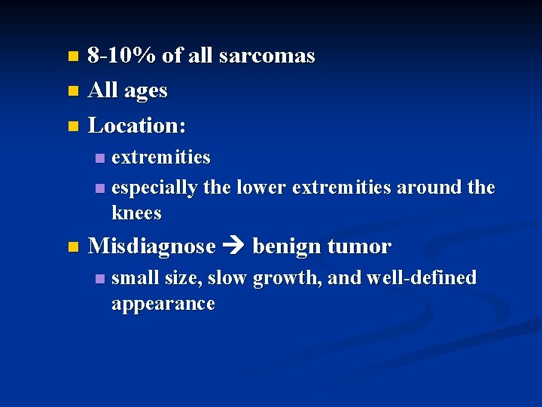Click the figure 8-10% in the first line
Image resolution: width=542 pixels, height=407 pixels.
(123, 56)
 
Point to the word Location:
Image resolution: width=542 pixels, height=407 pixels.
(137, 125)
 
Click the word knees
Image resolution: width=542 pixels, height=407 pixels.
(136, 213)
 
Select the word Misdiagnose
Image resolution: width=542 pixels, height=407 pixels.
(151, 246)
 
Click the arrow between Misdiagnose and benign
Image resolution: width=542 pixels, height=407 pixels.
(234, 247)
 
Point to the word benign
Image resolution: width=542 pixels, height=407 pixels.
(285, 246)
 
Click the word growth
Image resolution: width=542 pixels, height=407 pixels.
(286, 278)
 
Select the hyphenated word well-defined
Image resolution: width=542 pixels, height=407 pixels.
(422, 278)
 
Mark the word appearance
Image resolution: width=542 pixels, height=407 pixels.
(163, 304)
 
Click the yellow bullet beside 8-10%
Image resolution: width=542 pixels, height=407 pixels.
(72, 57)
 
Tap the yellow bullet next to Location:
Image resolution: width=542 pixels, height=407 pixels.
(72, 126)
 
